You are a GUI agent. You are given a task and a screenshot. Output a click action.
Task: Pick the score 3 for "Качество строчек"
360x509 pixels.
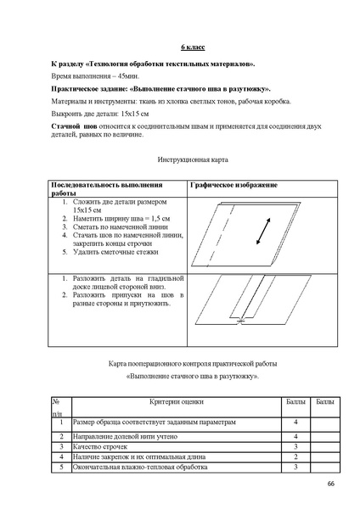(x=295, y=445)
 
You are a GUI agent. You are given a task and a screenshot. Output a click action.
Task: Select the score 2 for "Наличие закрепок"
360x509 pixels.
(x=295, y=456)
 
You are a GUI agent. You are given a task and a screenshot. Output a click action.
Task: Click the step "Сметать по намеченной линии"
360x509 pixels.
(x=115, y=227)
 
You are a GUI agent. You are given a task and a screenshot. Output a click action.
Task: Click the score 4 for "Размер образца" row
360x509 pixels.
(x=295, y=421)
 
